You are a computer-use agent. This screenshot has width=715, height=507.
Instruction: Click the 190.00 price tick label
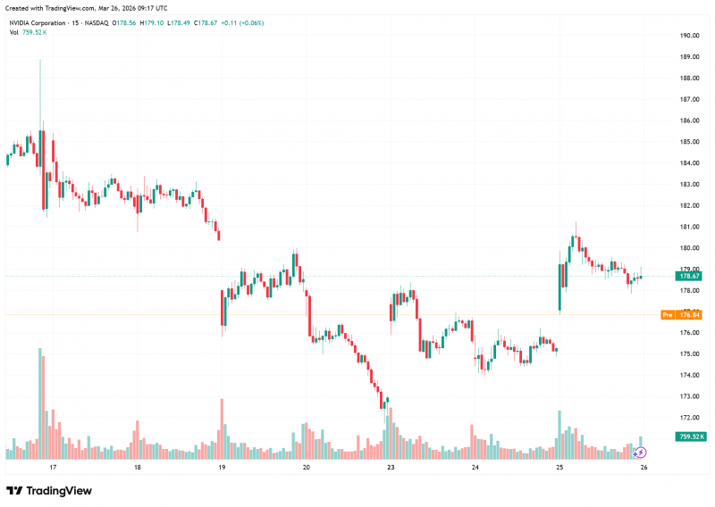pyautogui.click(x=689, y=36)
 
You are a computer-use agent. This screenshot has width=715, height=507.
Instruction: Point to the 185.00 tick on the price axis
pyautogui.click(x=689, y=142)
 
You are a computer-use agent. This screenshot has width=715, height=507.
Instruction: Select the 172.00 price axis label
pyautogui.click(x=689, y=418)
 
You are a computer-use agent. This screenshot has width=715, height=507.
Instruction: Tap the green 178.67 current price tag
pyautogui.click(x=688, y=276)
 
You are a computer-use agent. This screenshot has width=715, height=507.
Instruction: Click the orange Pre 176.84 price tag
pyautogui.click(x=681, y=315)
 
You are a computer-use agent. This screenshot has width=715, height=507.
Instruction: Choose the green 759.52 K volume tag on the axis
pyautogui.click(x=690, y=436)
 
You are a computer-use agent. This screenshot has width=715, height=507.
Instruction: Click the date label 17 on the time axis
pyautogui.click(x=53, y=467)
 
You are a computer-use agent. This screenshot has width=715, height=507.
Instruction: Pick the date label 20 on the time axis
pyautogui.click(x=306, y=467)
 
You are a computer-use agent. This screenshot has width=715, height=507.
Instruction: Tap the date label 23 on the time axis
pyautogui.click(x=391, y=467)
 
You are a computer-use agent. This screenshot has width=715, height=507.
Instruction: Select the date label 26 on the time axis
pyautogui.click(x=643, y=467)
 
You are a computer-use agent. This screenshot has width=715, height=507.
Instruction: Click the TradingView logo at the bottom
pyautogui.click(x=49, y=491)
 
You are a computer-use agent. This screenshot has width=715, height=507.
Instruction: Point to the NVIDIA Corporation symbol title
pyautogui.click(x=38, y=23)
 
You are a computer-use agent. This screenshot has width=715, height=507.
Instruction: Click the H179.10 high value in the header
pyautogui.click(x=151, y=23)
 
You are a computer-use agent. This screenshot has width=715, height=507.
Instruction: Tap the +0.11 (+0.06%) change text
pyautogui.click(x=242, y=23)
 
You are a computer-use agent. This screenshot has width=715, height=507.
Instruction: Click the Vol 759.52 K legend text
pyautogui.click(x=28, y=32)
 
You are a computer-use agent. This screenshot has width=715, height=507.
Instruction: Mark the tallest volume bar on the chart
pyautogui.click(x=39, y=403)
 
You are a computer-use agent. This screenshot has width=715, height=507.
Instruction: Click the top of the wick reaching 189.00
pyautogui.click(x=40, y=60)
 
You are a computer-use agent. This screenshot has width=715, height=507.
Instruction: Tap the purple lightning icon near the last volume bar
pyautogui.click(x=640, y=453)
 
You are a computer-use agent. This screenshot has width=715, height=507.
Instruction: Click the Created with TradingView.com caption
pyautogui.click(x=86, y=8)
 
